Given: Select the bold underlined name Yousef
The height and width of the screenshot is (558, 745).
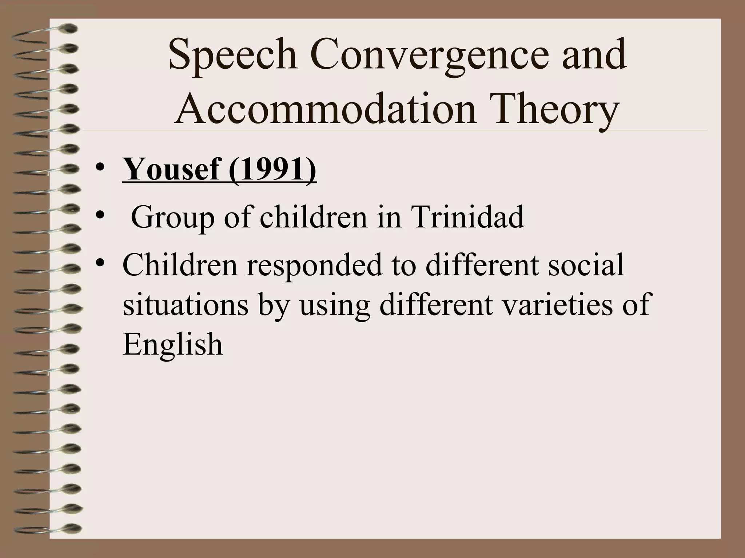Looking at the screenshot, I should coord(171,169).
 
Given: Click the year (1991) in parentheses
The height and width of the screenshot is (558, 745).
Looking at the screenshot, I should coord(272,169).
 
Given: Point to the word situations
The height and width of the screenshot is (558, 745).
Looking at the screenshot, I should coord(186,304).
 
